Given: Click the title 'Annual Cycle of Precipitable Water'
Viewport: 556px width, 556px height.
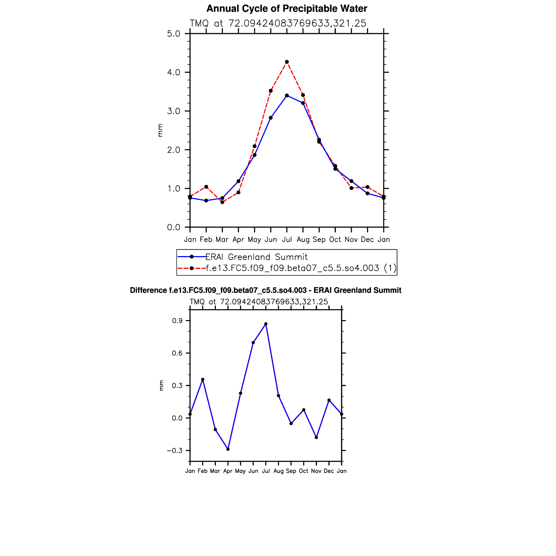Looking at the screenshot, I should click(286, 8).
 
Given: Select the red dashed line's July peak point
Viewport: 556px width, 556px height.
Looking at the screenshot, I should click(287, 62).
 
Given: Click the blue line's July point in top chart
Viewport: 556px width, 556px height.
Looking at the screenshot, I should click(287, 95).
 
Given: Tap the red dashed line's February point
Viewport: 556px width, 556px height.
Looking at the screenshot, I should click(206, 187).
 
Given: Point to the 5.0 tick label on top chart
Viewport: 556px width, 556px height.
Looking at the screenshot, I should click(173, 34).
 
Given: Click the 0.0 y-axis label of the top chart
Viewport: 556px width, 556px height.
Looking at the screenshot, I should click(173, 227).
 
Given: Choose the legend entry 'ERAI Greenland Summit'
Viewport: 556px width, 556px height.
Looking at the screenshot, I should click(256, 257).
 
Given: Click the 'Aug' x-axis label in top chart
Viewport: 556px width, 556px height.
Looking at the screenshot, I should click(303, 239).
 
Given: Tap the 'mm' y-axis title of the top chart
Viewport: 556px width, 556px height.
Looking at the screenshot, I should click(160, 130).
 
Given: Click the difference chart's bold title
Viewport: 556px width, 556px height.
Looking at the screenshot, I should click(266, 290).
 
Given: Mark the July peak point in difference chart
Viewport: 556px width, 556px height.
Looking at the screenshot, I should click(266, 324).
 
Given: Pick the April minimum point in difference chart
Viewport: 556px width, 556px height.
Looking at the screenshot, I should click(228, 449).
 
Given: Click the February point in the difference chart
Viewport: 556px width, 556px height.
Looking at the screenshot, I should click(203, 379).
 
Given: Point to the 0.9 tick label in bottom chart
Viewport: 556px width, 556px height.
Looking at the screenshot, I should click(178, 321).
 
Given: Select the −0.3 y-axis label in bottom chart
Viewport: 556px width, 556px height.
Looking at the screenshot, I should click(175, 450).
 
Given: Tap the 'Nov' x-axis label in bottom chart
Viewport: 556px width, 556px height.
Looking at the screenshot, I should click(316, 471).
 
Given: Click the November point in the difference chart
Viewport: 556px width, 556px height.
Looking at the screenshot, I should click(316, 437).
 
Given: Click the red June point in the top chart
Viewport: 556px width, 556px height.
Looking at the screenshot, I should click(271, 91).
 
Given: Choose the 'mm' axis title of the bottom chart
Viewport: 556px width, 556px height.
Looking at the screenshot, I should click(161, 385).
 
